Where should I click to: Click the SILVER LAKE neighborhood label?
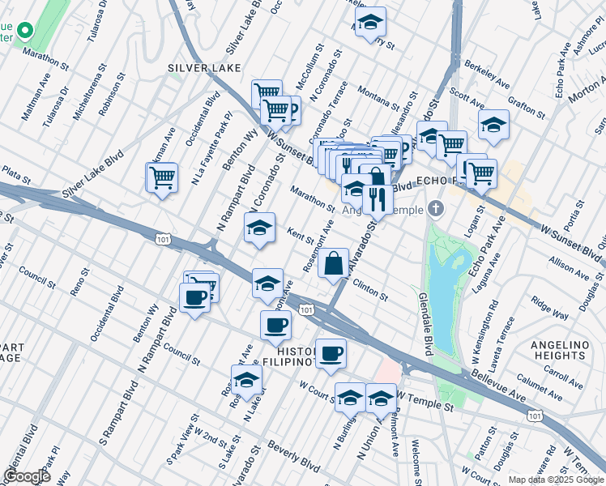tap(204, 68)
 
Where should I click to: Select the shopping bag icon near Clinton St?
tap(334, 264)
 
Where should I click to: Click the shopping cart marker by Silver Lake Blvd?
tap(162, 178)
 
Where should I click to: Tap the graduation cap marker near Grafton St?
tap(493, 126)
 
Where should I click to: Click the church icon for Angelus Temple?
tap(437, 209)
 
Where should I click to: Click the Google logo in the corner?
tap(27, 475)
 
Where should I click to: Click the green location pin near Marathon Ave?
tap(24, 32)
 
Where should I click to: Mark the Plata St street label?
tap(15, 174)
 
